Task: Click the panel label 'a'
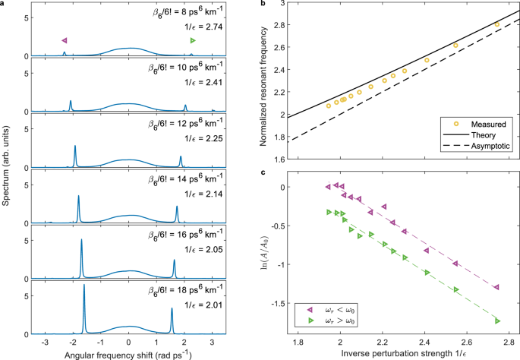[3, 5]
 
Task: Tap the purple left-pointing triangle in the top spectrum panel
[65, 39]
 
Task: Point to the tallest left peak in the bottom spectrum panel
[84, 287]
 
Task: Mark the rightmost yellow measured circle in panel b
[497, 25]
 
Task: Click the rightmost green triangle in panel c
[497, 321]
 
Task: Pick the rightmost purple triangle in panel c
[496, 287]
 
